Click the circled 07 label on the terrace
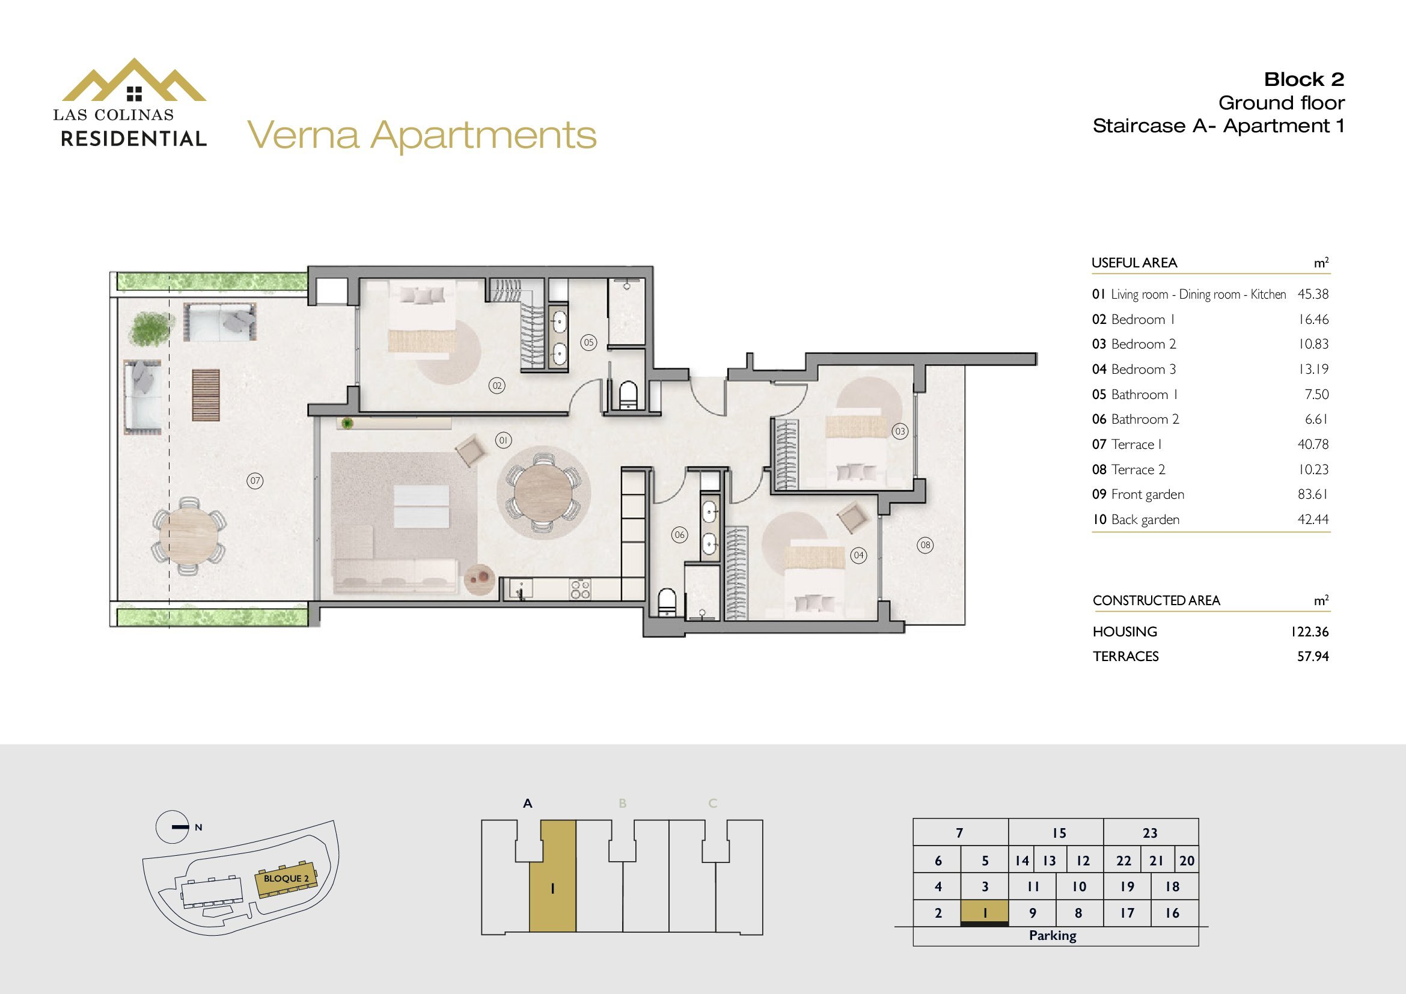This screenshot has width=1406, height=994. (255, 481)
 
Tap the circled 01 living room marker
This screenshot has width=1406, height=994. (503, 440)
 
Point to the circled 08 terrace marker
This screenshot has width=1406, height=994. (925, 544)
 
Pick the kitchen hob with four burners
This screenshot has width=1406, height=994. (580, 589)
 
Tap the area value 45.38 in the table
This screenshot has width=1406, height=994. (1313, 294)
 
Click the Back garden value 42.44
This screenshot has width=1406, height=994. (1313, 520)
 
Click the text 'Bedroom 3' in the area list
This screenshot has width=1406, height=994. (1143, 369)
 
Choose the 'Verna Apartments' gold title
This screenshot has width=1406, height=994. (422, 135)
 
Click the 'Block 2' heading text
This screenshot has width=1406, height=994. (1304, 79)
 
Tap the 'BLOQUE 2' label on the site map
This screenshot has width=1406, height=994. (286, 879)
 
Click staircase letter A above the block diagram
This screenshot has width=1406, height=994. (528, 803)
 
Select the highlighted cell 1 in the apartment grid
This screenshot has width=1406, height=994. (985, 913)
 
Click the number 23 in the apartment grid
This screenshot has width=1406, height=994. (1150, 833)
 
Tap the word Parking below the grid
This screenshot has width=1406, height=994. (1053, 935)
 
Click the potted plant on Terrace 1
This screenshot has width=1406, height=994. (150, 328)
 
